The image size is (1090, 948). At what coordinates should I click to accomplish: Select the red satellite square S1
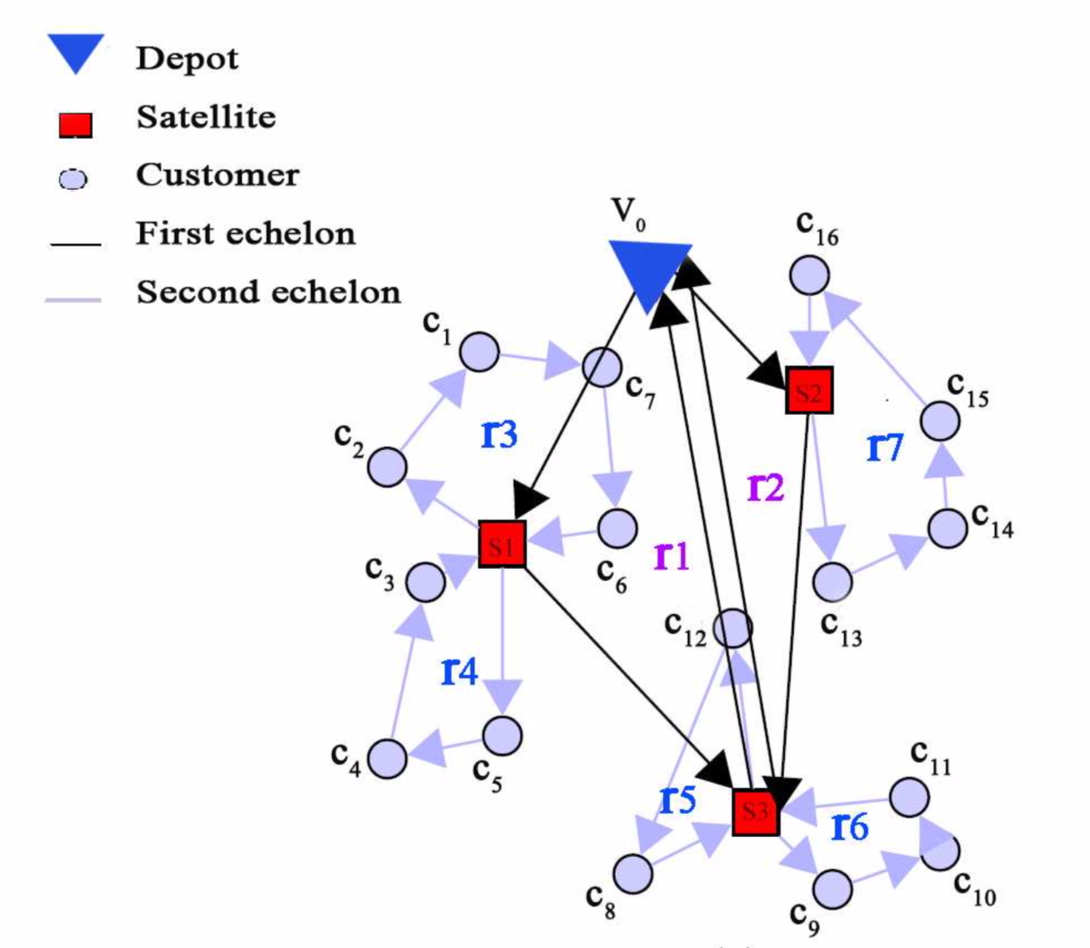point(502,545)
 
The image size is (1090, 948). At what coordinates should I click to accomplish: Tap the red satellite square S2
point(809,390)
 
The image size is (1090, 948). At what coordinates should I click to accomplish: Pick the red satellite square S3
point(755,812)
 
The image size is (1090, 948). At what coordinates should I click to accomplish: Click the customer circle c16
point(809,275)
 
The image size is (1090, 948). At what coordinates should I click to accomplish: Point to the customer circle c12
point(732,628)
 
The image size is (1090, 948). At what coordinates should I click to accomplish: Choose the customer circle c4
point(387,757)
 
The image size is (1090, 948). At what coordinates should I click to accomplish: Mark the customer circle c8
point(633,874)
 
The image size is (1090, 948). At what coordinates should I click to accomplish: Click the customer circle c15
point(940,421)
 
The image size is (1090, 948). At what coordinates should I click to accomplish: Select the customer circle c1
point(480,351)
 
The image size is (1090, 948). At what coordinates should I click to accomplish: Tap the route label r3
point(500,435)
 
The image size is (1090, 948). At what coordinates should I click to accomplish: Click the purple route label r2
point(765,487)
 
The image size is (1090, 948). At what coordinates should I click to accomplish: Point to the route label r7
point(884,448)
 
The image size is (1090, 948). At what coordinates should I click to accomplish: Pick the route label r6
point(850,827)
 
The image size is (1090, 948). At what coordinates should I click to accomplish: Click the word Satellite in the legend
point(206,117)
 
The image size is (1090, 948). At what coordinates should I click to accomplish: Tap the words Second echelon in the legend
point(268,292)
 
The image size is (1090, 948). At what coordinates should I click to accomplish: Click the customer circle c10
point(940,851)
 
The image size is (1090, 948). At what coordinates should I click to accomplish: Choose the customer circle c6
point(618,527)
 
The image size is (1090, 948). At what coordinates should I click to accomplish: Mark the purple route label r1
point(671,555)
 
